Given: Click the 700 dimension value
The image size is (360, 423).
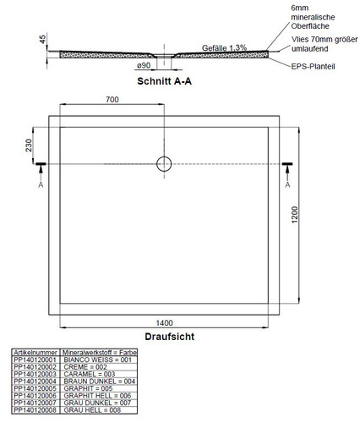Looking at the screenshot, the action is tap(112, 100).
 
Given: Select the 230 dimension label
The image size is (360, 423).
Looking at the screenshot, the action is tap(29, 146).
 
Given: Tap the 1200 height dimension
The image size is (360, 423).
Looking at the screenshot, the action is tap(294, 215).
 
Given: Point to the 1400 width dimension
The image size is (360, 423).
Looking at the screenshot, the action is tap(164, 323).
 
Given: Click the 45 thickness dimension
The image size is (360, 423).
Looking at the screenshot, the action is tap(42, 39).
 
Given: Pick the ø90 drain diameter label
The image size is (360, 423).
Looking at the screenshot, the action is tap(144, 65).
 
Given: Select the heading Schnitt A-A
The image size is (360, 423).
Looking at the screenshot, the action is tap(164, 81).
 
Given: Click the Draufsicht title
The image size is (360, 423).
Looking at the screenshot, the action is tap(170, 337).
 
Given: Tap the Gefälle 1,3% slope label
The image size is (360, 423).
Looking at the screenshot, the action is tap(224, 48).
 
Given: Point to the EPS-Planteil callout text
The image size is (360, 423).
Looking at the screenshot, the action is tap(313, 67).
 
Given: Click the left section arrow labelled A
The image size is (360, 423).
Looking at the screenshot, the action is tap(41, 172).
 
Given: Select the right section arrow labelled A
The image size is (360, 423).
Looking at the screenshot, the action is tap(287, 172).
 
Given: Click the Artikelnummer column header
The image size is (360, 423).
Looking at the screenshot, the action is tap(35, 353).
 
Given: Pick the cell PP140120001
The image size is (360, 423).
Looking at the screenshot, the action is tap(35, 360).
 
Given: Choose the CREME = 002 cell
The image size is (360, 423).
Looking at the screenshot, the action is tap(85, 367).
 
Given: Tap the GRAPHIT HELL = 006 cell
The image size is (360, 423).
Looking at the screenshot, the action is tap(97, 396).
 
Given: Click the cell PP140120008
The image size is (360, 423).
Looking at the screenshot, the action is tap(35, 410).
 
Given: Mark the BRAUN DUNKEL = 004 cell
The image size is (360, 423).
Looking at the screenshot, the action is tap(100, 382).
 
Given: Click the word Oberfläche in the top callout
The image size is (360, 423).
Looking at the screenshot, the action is tap(310, 26).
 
